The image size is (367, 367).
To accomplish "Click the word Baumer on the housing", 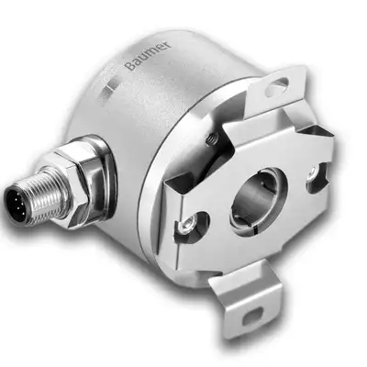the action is click(x=149, y=55).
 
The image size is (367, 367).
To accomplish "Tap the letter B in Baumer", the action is click(x=130, y=66).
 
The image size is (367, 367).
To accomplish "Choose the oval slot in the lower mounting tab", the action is click(x=252, y=316).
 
